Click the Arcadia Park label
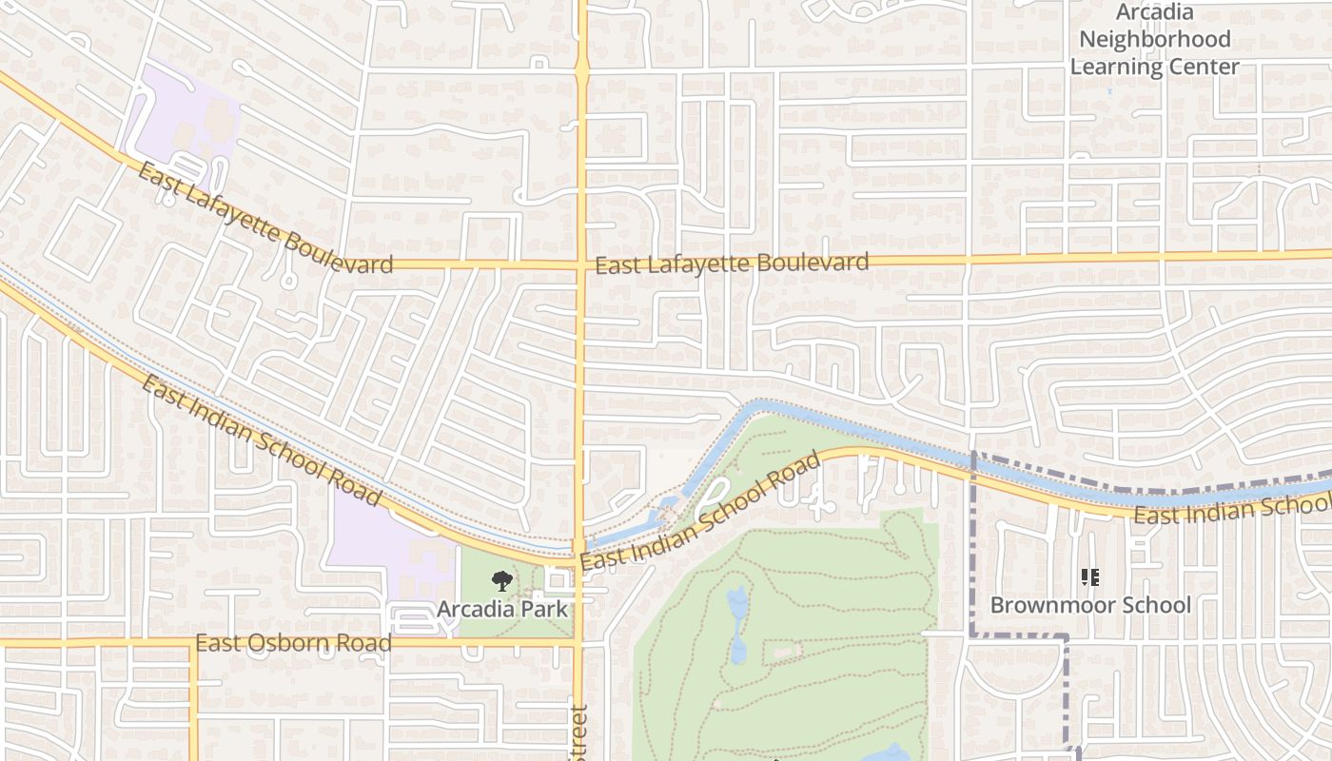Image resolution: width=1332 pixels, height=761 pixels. point(502,609)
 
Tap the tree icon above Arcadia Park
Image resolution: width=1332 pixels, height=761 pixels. point(501,581)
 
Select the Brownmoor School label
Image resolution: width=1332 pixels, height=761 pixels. point(1090,605)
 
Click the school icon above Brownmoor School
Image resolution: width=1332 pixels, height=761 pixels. point(1090,577)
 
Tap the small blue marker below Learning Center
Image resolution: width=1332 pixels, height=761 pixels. point(1109,90)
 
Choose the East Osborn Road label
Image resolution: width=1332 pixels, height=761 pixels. point(293,644)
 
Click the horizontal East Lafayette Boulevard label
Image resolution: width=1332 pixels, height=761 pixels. point(732,263)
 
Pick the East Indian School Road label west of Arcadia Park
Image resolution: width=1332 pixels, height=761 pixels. point(262,441)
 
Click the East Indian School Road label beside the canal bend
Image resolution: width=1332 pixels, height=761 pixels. point(699,515)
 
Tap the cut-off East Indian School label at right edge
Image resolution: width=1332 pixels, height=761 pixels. point(1232,509)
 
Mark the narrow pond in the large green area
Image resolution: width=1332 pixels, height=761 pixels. point(737,623)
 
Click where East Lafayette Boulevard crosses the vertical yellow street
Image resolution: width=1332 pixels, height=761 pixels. point(580,264)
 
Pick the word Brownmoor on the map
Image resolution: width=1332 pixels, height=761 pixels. point(1047,605)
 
